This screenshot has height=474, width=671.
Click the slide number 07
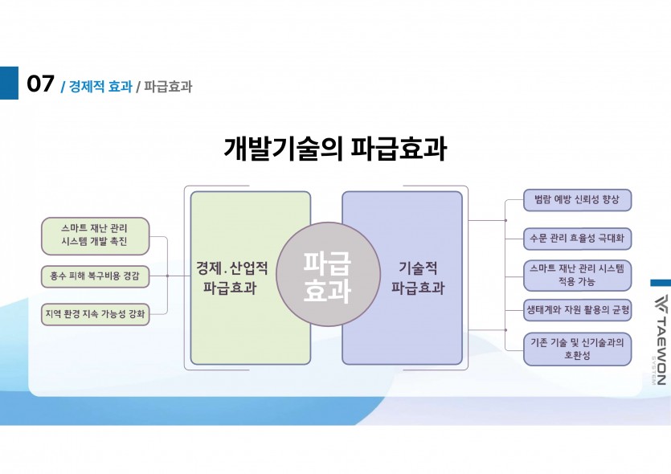click(x=40, y=84)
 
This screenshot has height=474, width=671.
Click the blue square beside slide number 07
click(x=9, y=83)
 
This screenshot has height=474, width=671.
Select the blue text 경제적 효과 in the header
click(x=100, y=86)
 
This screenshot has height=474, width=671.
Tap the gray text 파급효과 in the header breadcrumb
click(x=168, y=86)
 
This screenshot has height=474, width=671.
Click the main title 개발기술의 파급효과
click(x=335, y=149)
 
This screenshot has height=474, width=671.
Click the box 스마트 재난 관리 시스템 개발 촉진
click(x=94, y=234)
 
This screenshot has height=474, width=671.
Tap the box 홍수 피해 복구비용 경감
click(x=94, y=276)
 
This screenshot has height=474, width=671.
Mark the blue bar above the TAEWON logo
click(x=660, y=282)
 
